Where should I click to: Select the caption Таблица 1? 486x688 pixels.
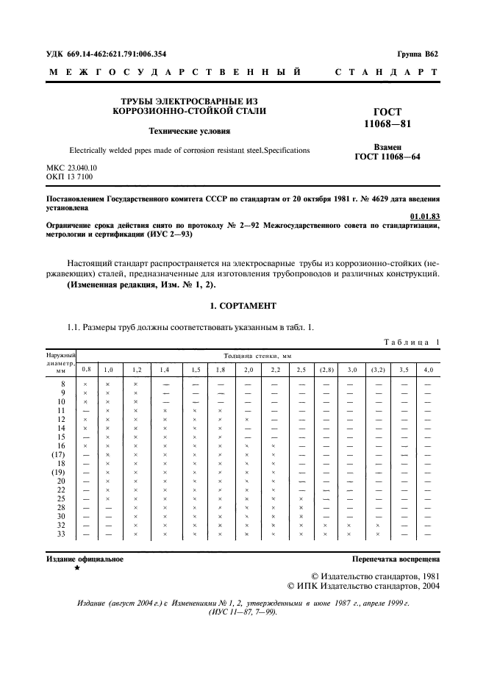point(411,342)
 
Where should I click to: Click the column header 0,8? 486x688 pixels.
point(86,368)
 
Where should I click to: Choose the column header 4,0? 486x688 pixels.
point(428,369)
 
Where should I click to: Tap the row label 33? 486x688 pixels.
point(62,534)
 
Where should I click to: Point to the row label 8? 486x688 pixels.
point(63,384)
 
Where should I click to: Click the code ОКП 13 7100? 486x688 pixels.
point(66,177)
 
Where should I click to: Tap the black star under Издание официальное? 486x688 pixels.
point(76,568)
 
